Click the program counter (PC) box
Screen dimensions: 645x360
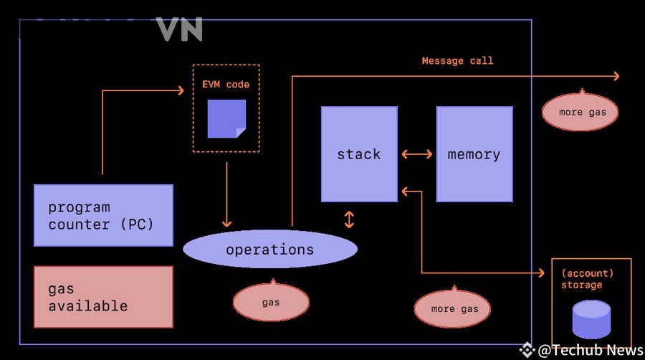(x=103, y=216)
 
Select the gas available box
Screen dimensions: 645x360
(x=103, y=297)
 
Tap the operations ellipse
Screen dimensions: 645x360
(x=270, y=249)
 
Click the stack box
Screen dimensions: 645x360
(x=359, y=154)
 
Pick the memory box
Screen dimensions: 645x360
(x=474, y=154)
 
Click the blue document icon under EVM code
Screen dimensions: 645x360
(x=226, y=118)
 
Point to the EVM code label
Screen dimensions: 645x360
(x=226, y=85)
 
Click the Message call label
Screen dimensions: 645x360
(x=457, y=61)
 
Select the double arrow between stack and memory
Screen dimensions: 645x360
(x=416, y=154)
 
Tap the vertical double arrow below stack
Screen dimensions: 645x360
(x=349, y=219)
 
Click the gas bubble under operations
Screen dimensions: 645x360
(x=271, y=302)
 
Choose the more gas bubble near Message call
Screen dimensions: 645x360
(x=580, y=111)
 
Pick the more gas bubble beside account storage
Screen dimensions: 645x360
(x=452, y=308)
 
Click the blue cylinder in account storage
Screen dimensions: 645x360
(x=591, y=319)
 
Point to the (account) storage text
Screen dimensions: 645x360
(x=588, y=279)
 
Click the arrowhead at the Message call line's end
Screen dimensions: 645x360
(x=616, y=76)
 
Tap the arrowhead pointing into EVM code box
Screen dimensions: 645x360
(x=181, y=90)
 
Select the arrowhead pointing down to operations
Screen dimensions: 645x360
(x=226, y=224)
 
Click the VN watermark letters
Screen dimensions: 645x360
(x=179, y=29)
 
